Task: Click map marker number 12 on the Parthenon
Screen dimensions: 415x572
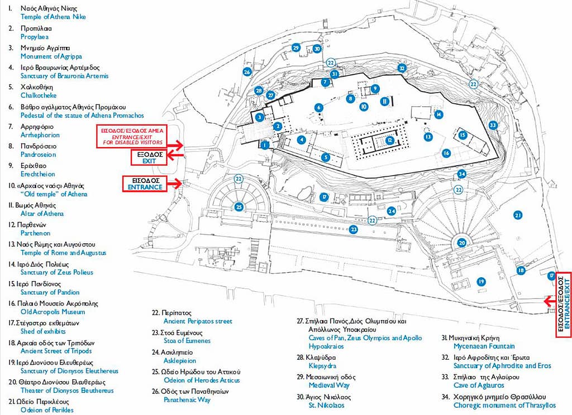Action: click(x=389, y=140)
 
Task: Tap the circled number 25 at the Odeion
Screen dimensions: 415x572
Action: click(x=239, y=207)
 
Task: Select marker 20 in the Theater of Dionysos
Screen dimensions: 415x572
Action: click(x=461, y=243)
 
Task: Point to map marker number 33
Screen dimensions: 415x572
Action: click(x=493, y=126)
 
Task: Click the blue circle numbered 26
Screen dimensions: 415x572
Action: click(x=247, y=72)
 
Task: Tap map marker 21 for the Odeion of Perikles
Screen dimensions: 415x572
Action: click(x=518, y=215)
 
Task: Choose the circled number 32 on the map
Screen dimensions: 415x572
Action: click(x=401, y=68)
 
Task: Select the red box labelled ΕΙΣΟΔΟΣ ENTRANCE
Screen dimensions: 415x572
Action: click(x=144, y=184)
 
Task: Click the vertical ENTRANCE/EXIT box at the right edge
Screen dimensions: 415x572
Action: click(x=564, y=305)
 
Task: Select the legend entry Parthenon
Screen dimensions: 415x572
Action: click(x=35, y=233)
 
